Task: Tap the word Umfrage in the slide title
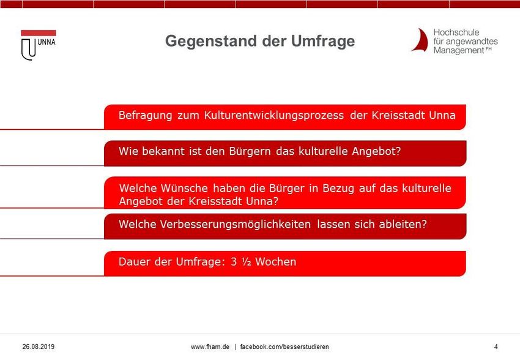(323, 42)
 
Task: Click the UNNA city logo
(38, 45)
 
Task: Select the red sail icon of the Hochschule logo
(420, 40)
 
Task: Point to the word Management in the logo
(459, 50)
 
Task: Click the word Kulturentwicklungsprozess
(273, 116)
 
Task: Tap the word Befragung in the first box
(145, 116)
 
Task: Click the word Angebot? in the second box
(376, 152)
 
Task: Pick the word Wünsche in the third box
(184, 188)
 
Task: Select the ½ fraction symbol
(247, 262)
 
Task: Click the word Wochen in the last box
(275, 262)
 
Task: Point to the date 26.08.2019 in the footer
(38, 347)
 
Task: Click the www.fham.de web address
(210, 347)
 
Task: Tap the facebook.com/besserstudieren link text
(284, 347)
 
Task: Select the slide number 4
(496, 347)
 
